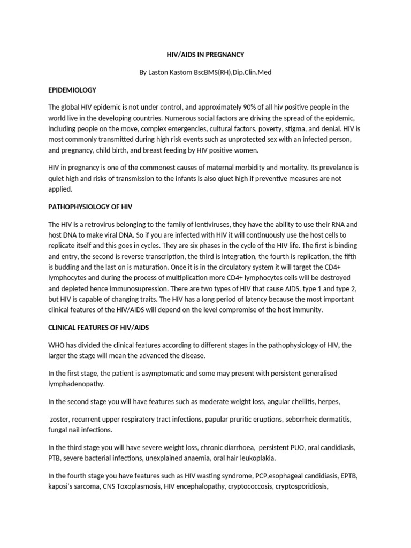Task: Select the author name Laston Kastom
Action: (x=170, y=72)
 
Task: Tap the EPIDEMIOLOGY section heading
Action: (x=72, y=89)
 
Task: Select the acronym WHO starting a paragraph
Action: (x=57, y=345)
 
